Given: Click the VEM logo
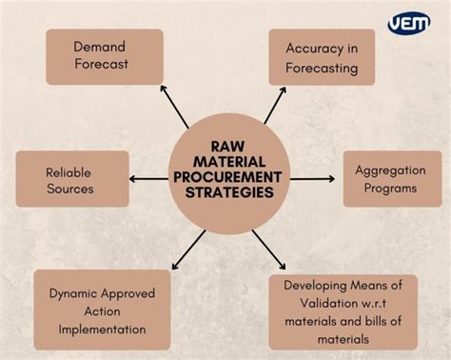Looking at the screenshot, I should click(x=408, y=23).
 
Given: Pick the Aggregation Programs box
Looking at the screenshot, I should click(x=392, y=179).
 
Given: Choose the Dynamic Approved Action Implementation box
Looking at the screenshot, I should click(x=102, y=310).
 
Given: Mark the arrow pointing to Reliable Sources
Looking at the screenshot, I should click(x=148, y=178).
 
